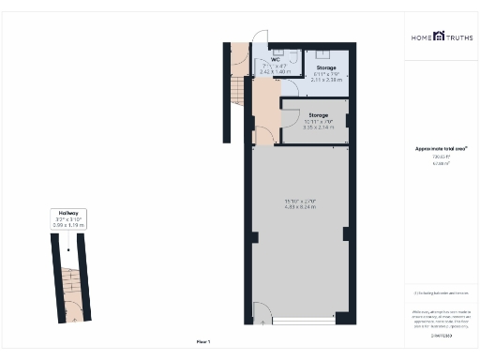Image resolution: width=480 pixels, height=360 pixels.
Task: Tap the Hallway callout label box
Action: tap(68, 219)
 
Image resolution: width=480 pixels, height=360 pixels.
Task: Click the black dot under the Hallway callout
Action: tap(69, 250)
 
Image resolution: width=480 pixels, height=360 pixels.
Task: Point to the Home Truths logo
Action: tap(440, 37)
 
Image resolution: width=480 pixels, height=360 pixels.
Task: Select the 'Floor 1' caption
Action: tap(203, 342)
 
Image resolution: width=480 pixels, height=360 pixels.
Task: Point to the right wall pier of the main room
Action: tap(348, 232)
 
